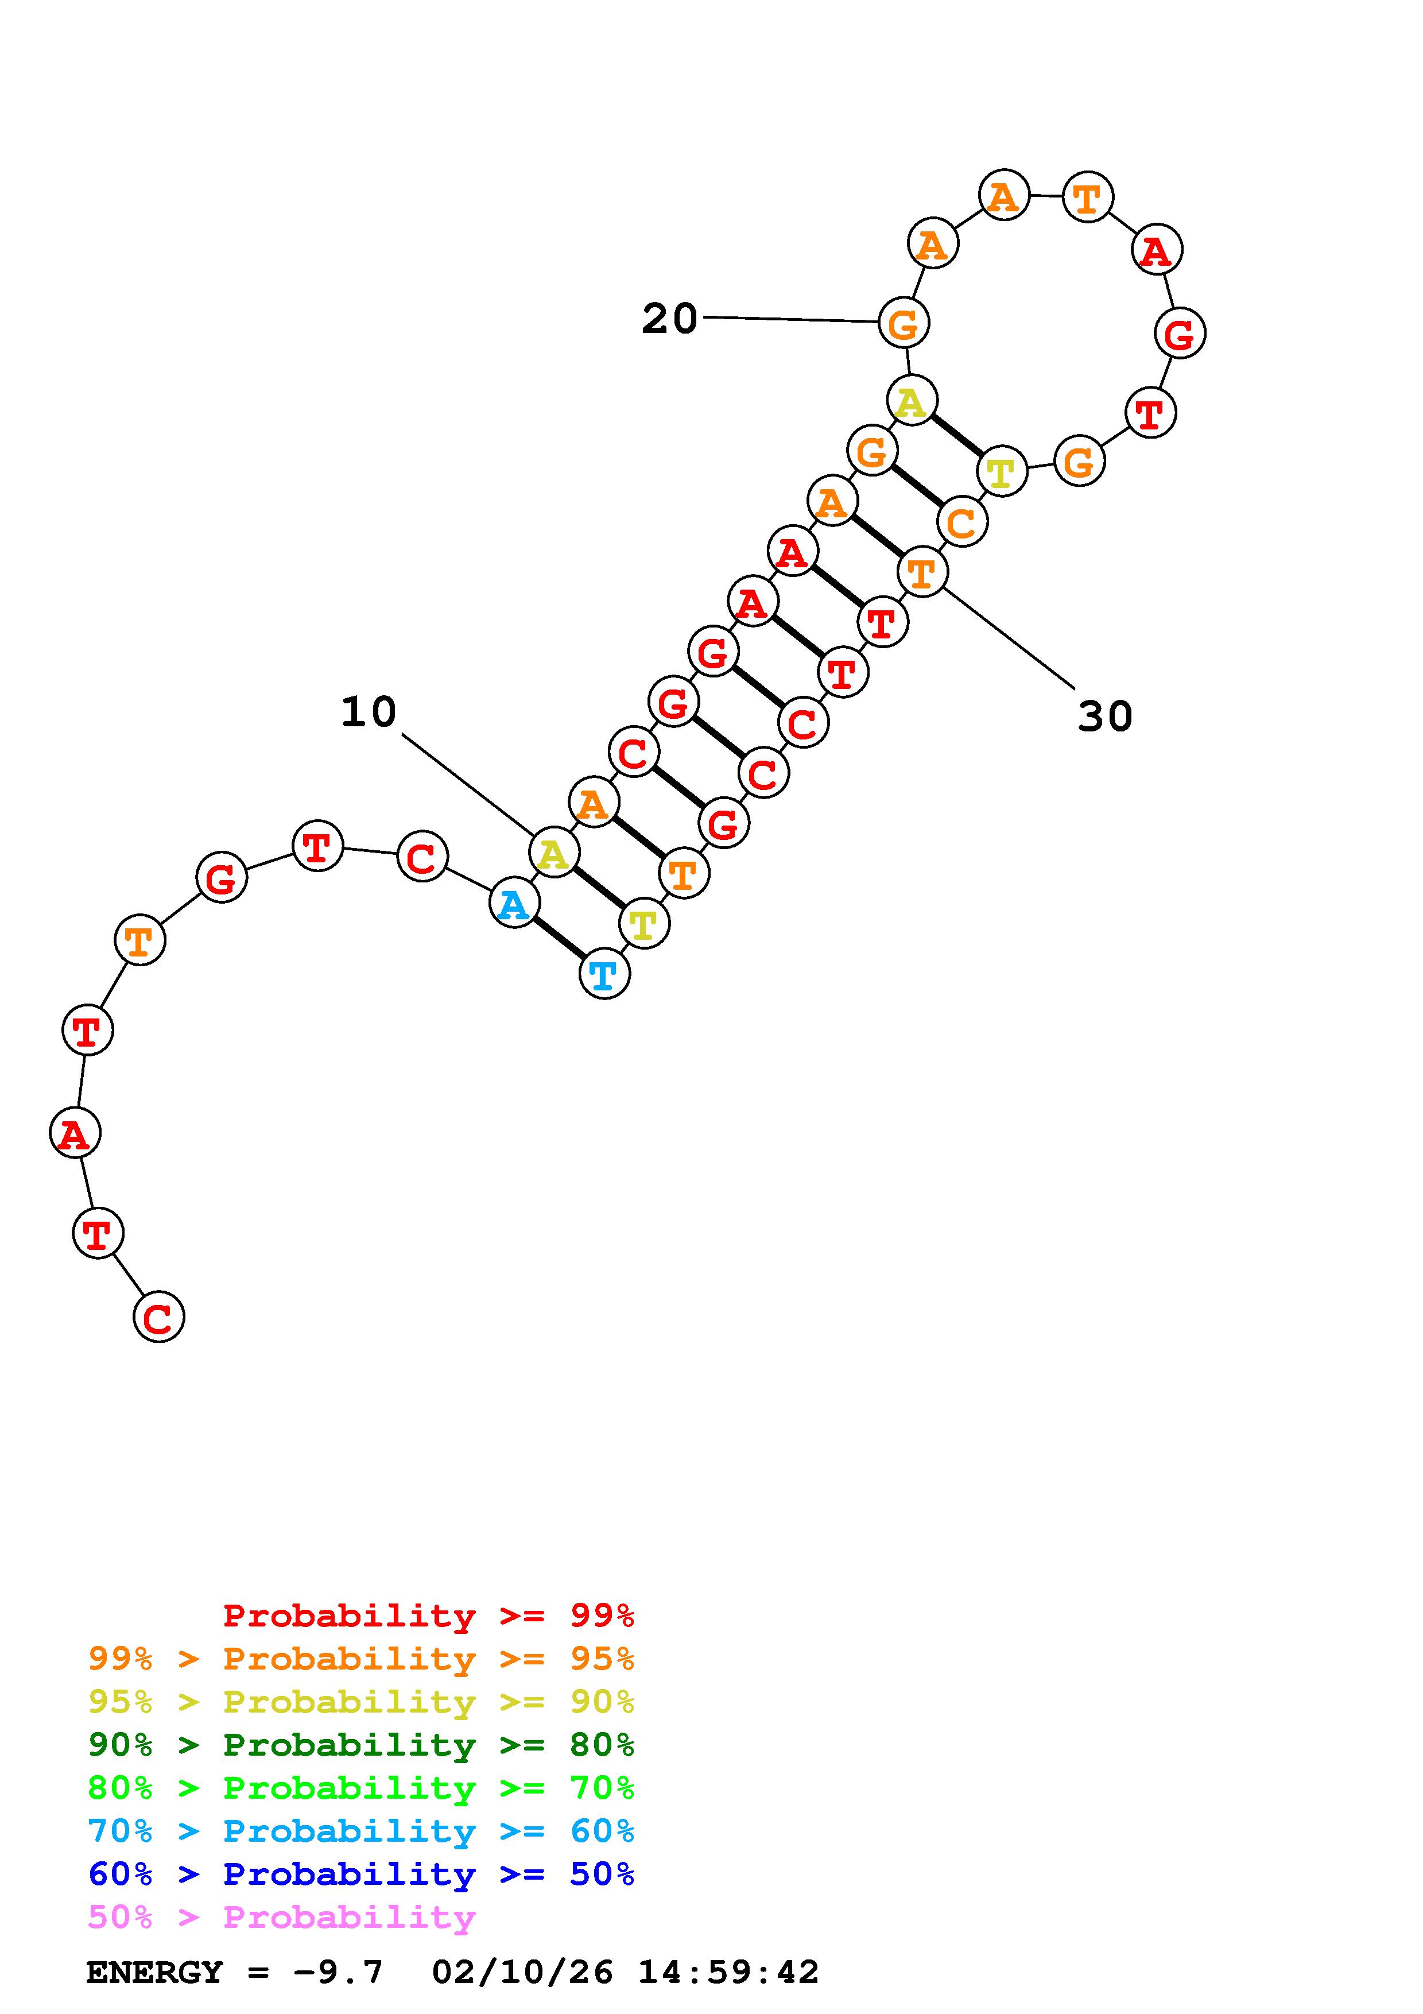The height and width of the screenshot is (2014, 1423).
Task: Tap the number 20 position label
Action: [x=670, y=319]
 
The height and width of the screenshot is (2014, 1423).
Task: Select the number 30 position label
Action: [x=1105, y=716]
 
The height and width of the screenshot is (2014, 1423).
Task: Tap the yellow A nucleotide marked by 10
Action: [x=554, y=853]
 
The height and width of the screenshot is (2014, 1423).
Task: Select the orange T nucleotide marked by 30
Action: [x=922, y=572]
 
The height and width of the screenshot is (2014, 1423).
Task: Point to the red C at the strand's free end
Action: [x=158, y=1316]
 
